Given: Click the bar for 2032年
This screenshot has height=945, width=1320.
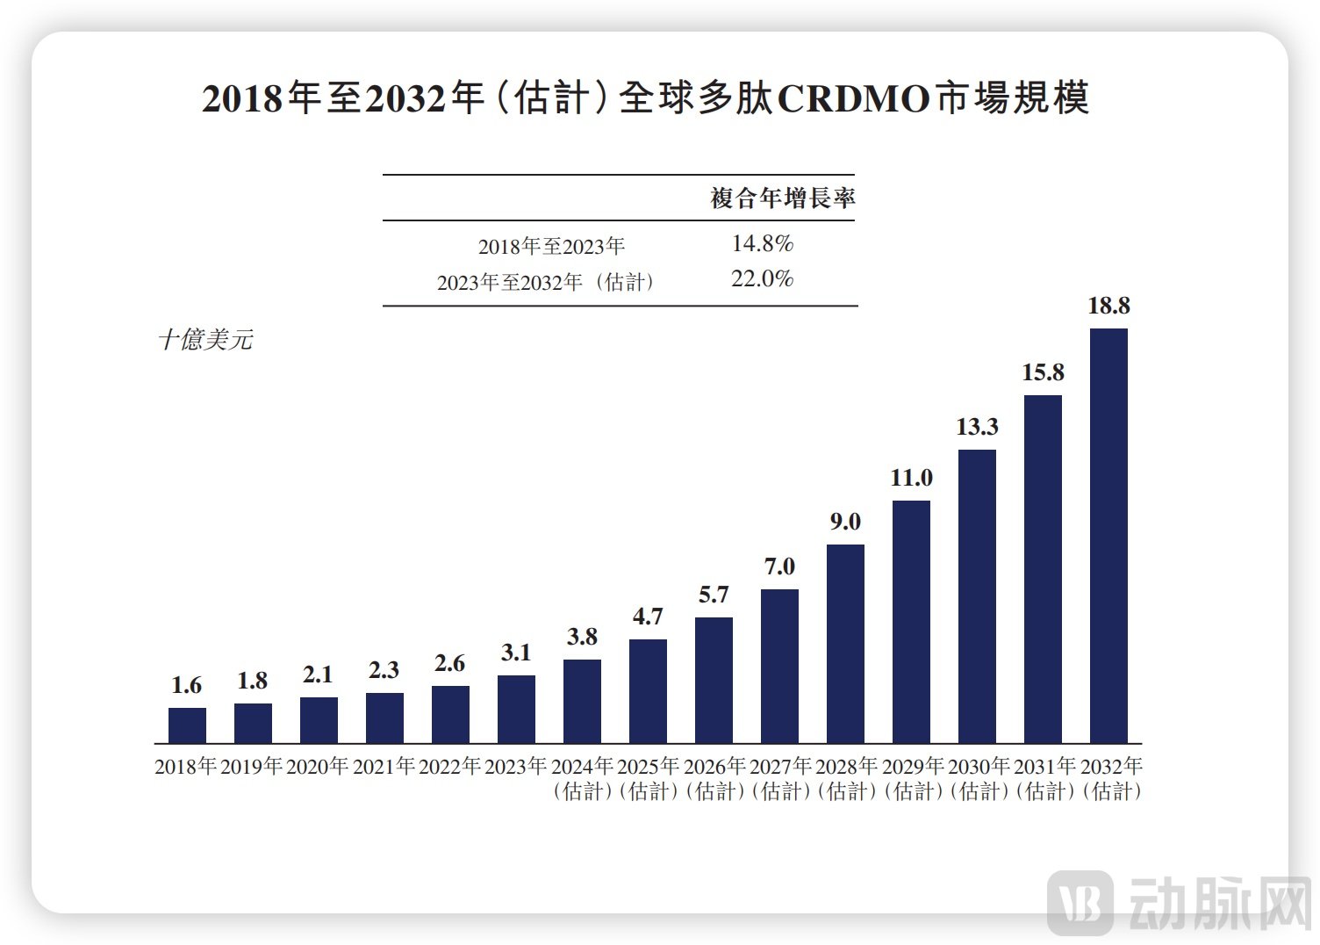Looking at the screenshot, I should [x=1108, y=536].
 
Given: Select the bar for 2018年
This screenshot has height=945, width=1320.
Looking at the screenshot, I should [x=187, y=725].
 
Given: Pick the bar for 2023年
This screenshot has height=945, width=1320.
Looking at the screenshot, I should [x=516, y=709].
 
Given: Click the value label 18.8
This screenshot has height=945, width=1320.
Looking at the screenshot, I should [x=1108, y=307].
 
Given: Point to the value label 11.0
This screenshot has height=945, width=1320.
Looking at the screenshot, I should [x=911, y=479].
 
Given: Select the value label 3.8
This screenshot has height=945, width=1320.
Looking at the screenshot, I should [x=582, y=637].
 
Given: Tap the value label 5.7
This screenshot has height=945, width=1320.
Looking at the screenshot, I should [x=714, y=595].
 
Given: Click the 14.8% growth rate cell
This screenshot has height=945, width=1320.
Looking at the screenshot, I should [x=762, y=243].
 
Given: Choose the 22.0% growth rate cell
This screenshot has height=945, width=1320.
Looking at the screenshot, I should [x=762, y=279].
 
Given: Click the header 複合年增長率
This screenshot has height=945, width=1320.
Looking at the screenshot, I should [x=782, y=198].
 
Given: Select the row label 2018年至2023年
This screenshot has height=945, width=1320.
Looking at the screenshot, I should [x=551, y=247].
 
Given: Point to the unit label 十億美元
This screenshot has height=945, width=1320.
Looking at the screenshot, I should [x=205, y=340].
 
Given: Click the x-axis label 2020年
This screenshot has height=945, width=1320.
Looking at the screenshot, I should [x=318, y=767].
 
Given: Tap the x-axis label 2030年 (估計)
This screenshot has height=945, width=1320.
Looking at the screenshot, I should [x=979, y=778].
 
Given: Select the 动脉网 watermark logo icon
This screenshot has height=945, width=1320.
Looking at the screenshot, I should [x=1080, y=904].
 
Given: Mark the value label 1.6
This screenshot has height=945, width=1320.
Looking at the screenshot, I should [x=186, y=685].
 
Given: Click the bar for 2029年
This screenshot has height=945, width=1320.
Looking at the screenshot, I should [x=911, y=622].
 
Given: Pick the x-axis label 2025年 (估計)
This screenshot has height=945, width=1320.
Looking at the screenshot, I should [x=649, y=778].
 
